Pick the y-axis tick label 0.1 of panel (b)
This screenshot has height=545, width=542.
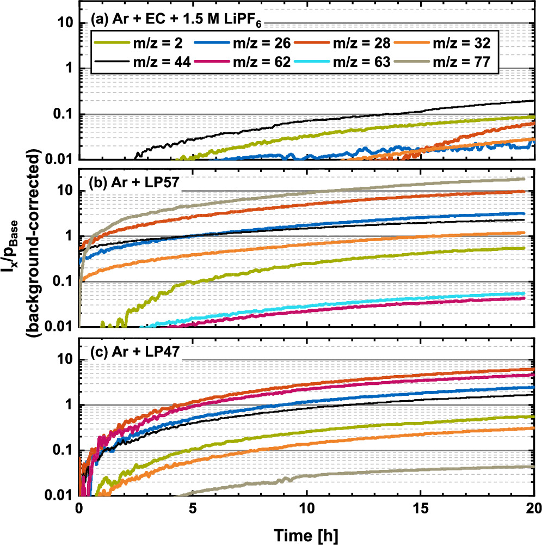point(61,282)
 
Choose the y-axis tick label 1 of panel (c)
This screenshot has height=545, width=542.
point(69,406)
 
